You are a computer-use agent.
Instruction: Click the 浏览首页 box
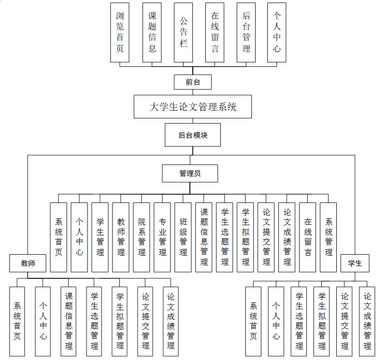[x=120, y=32]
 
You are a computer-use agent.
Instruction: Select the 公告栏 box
[x=184, y=32]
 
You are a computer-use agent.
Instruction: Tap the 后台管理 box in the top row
[x=246, y=32]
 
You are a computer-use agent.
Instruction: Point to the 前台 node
[x=193, y=82]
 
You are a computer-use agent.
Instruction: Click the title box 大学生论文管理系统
[x=193, y=107]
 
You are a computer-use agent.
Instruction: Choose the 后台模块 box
[x=193, y=135]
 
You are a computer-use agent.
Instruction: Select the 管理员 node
[x=190, y=173]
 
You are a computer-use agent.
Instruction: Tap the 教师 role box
[x=28, y=263]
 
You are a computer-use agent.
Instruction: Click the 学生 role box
[x=355, y=263]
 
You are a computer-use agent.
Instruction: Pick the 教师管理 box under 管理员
[x=121, y=237]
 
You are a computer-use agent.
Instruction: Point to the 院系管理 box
[x=142, y=237]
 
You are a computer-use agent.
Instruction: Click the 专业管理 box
[x=162, y=237]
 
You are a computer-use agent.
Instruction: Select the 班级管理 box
[x=183, y=237]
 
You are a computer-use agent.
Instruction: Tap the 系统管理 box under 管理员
[x=329, y=237]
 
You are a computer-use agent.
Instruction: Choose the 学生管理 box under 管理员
[x=100, y=237]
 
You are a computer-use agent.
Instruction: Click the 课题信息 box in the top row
[x=152, y=32]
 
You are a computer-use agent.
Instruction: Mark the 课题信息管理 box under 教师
[x=69, y=321]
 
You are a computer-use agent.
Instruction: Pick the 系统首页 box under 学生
[x=253, y=321]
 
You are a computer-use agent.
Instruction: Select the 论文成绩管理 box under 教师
[x=170, y=321]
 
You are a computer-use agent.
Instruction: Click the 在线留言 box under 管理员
[x=308, y=237]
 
